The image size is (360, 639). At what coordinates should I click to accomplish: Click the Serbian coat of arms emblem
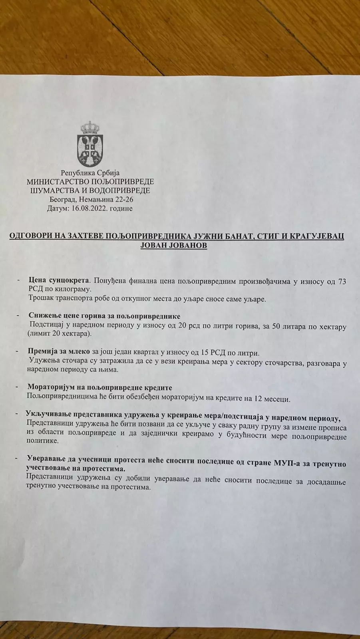[90, 143]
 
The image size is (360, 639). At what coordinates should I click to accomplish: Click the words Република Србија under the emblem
[90, 173]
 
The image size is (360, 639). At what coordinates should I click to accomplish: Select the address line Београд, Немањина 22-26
[90, 199]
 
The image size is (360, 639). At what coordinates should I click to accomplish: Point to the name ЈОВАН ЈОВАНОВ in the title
[174, 245]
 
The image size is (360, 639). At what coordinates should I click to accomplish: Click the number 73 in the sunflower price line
[342, 282]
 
